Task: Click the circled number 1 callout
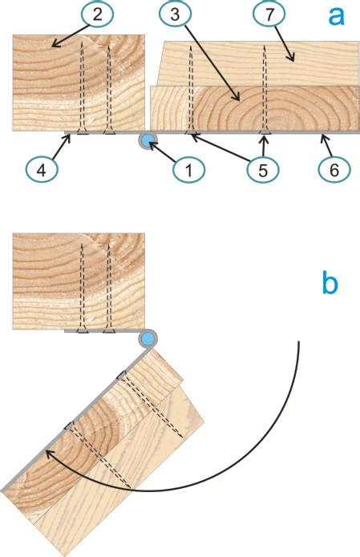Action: pos(188,170)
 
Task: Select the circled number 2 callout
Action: pos(97,15)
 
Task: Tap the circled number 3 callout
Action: pos(175,15)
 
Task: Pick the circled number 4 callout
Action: pos(41,170)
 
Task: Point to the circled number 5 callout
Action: pos(263,170)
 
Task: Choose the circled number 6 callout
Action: pos(334,170)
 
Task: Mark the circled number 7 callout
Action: pos(269,15)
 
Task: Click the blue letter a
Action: pos(336,16)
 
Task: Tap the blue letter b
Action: pos(330,283)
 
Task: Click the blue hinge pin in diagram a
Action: pos(147,140)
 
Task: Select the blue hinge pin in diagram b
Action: pos(147,339)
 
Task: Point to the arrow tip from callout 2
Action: pos(52,46)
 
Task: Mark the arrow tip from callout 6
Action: pos(322,135)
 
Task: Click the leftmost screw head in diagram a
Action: pos(83,132)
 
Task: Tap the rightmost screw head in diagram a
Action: pos(264,132)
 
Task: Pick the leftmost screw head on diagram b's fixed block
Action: pos(83,331)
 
